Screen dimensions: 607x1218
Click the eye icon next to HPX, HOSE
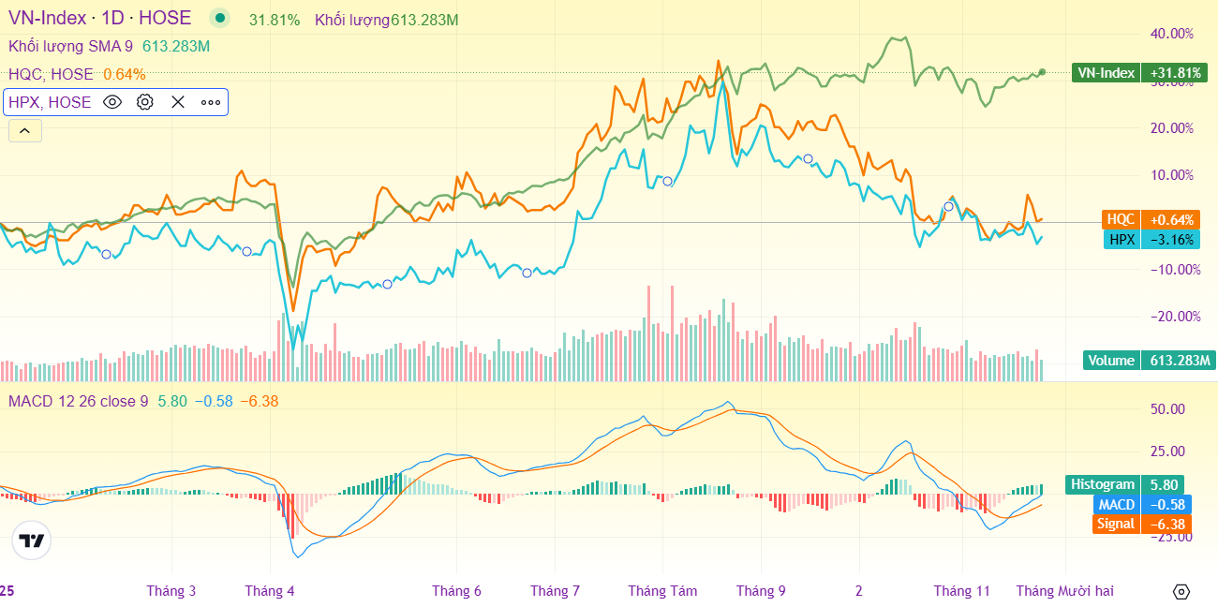tap(112, 102)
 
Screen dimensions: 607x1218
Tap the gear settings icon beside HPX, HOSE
tap(145, 102)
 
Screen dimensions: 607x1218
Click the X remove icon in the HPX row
tap(178, 102)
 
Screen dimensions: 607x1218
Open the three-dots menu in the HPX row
tap(210, 102)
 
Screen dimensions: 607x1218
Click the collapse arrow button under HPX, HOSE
tap(24, 131)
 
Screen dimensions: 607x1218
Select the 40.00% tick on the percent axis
tap(1171, 34)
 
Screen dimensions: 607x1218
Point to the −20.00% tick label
tap(1173, 317)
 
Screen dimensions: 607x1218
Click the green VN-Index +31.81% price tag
tap(1136, 73)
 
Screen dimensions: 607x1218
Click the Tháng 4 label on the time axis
tap(270, 591)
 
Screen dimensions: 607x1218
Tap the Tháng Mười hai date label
tap(1065, 591)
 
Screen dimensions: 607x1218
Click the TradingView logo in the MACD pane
tap(32, 540)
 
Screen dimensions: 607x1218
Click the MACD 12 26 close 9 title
tap(78, 401)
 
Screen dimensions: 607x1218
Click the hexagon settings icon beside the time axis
tap(1181, 591)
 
